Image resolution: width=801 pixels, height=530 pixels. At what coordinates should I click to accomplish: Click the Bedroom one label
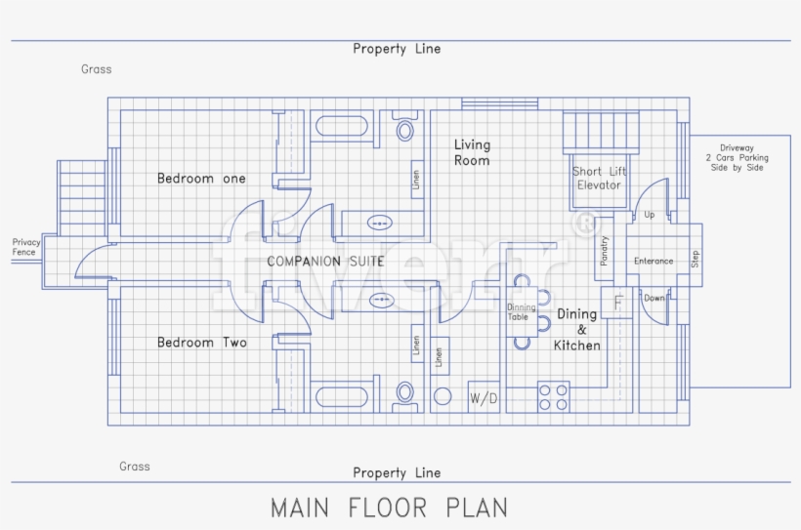[x=201, y=179]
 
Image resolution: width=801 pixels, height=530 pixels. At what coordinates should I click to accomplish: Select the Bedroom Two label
[x=201, y=343]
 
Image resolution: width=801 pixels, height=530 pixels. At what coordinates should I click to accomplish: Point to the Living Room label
[x=472, y=152]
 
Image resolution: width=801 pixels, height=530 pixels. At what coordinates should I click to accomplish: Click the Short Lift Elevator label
[x=599, y=179]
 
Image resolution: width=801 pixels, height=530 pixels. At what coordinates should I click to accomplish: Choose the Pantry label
[x=605, y=251]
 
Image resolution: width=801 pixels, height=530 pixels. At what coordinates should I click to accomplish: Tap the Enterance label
[x=653, y=261]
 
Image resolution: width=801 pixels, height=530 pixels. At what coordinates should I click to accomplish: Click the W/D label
[x=484, y=398]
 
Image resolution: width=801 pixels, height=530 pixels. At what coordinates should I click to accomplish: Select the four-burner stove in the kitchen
[x=554, y=396]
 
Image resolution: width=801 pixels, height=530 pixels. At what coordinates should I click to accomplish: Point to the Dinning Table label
[x=521, y=312]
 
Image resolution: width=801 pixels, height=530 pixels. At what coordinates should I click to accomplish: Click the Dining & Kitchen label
[x=576, y=330]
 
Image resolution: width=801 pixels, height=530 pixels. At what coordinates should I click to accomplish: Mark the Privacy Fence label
[x=25, y=247]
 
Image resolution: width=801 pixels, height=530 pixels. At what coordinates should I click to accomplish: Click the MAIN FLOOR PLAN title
[x=389, y=508]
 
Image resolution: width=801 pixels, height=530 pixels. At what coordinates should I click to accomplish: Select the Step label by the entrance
[x=696, y=259]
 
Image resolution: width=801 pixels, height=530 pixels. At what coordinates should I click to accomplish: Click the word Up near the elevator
[x=650, y=215]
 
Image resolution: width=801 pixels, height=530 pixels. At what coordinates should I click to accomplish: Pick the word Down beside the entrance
[x=653, y=298]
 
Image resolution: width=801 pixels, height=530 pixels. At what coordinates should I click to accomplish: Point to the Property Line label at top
[x=397, y=49]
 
